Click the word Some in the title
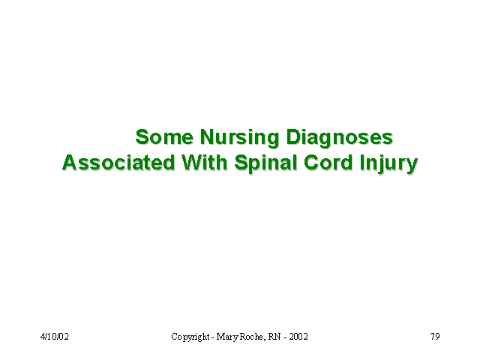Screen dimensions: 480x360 pos(164,136)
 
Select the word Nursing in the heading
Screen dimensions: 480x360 pos(240,138)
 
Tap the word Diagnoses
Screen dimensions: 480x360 pos(340,138)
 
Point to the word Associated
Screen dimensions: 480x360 pos(118,162)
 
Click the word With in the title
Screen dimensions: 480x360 pos(205,162)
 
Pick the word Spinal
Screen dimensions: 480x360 pos(265,163)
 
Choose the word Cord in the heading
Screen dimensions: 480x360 pos(328,162)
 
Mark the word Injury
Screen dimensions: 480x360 pos(388,163)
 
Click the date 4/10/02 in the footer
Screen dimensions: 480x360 pos(55,337)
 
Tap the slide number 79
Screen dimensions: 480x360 pos(435,337)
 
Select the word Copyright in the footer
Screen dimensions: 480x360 pos(190,337)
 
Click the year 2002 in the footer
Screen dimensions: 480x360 pos(298,337)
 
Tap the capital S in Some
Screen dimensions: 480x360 pos(142,136)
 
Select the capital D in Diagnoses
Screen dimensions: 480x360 pos(293,136)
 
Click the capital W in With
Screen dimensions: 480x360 pos(192,162)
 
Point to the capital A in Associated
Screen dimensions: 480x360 pos(70,162)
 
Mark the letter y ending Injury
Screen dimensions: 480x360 pos(412,166)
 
